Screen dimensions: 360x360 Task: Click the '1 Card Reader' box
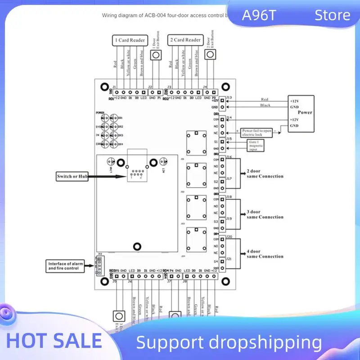coord(130,40)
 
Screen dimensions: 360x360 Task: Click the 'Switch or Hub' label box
coord(72,177)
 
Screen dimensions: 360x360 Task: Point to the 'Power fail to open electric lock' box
coord(257,133)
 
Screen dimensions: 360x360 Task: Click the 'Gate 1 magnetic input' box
coord(255,144)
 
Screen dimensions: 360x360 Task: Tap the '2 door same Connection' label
coord(265,174)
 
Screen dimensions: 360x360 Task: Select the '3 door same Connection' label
coord(265,214)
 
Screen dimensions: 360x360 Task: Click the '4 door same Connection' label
coord(265,254)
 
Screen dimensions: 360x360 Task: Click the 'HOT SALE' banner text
coord(54,341)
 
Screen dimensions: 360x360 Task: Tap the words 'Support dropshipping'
coord(229,343)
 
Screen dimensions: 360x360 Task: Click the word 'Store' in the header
coord(332,16)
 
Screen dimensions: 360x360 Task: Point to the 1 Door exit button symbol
coord(156,55)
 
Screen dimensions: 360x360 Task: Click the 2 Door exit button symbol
coord(210,55)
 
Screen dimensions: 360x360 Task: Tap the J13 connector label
coord(229,98)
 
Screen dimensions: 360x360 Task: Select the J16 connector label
coord(229,157)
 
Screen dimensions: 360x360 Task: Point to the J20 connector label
coord(229,237)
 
